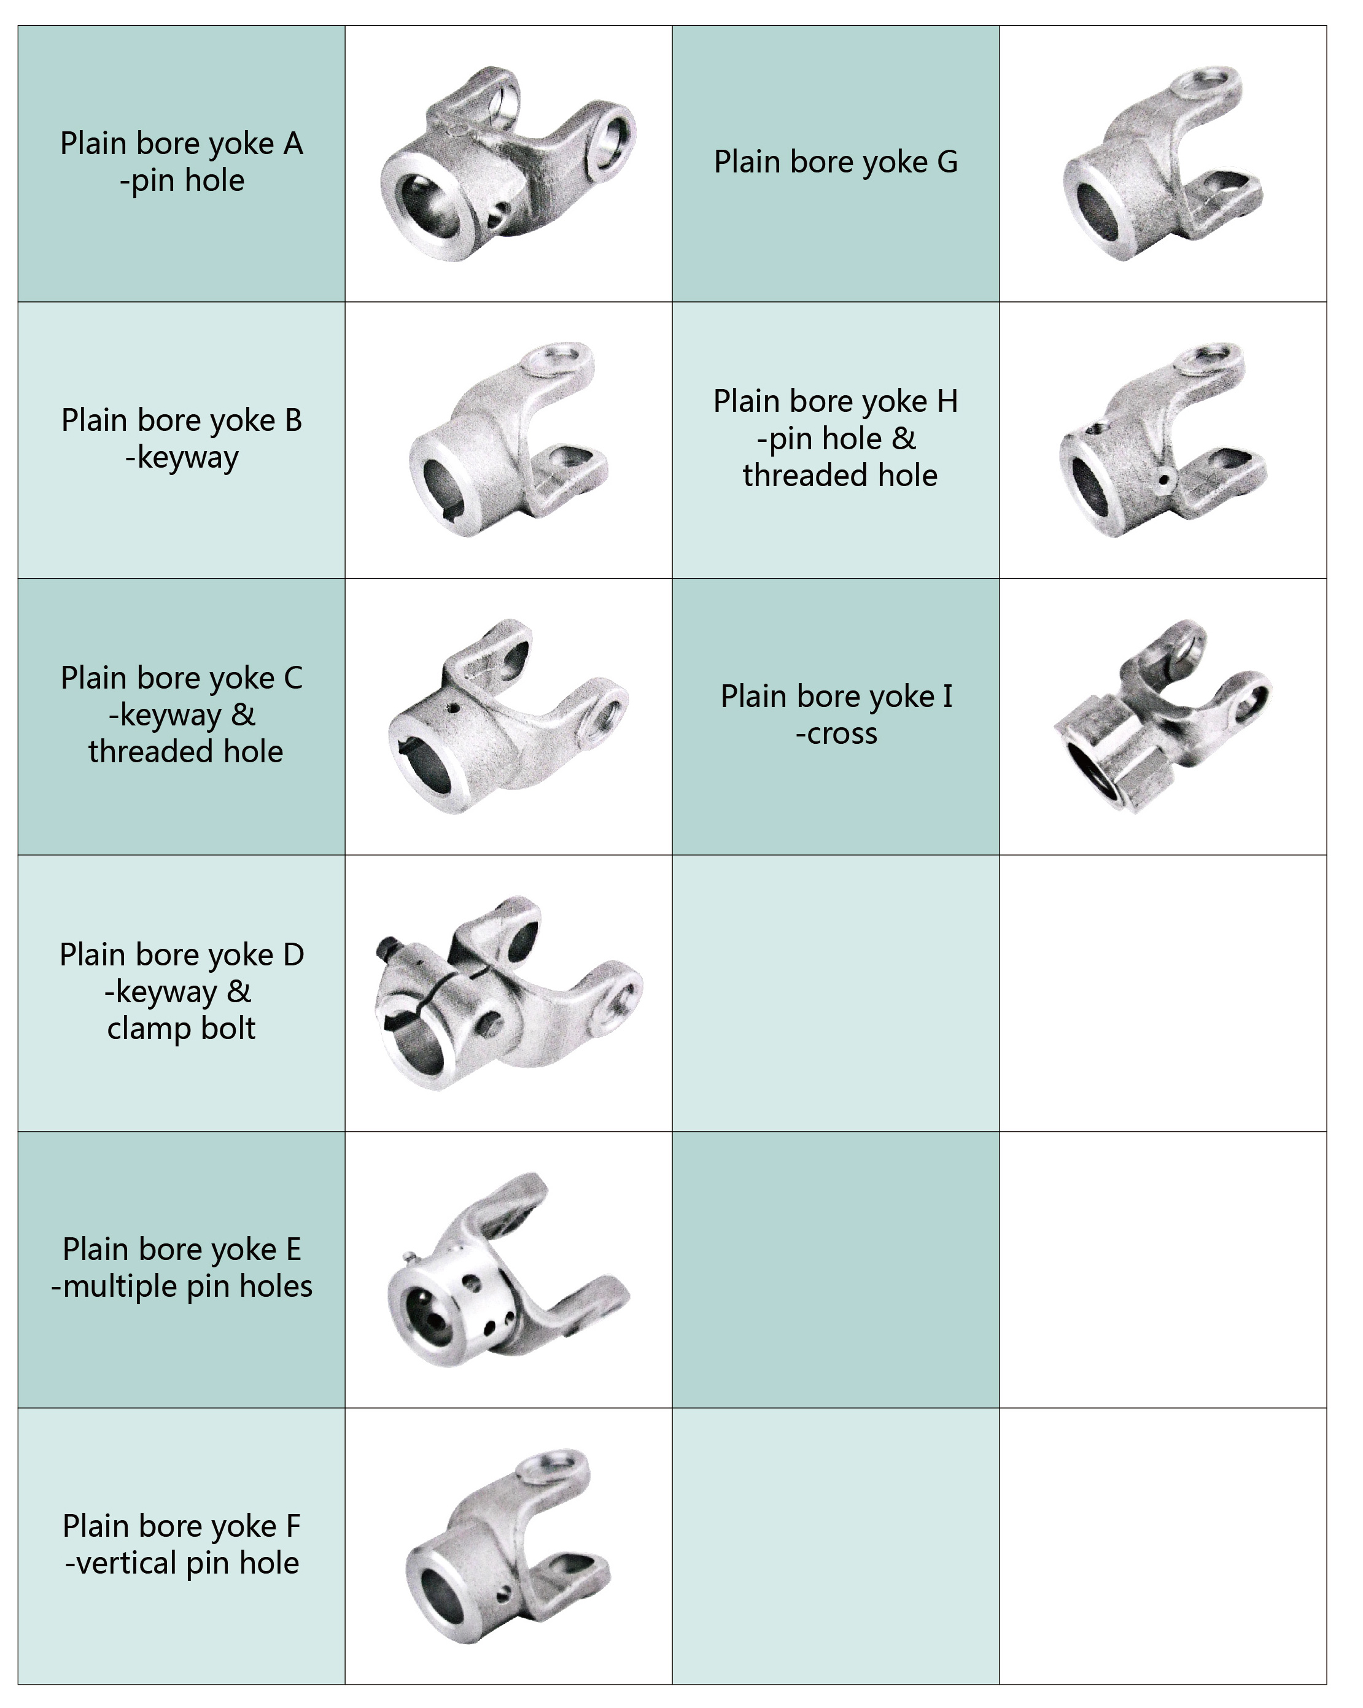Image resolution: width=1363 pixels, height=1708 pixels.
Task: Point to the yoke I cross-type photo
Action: pos(1162,716)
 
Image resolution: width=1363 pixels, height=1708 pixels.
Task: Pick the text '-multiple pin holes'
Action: pos(182,1286)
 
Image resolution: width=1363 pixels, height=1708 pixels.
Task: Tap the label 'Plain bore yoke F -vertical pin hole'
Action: pos(182,1544)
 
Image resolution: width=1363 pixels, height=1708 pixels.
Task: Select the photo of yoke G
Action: pos(1162,163)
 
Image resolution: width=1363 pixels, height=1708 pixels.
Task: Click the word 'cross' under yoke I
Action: pos(842,733)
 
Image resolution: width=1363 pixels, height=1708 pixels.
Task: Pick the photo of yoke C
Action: pos(508,716)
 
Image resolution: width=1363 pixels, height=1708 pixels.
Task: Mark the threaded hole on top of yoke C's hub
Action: pos(452,708)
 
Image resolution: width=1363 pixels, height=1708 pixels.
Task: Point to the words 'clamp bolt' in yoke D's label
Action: pos(182,1027)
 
